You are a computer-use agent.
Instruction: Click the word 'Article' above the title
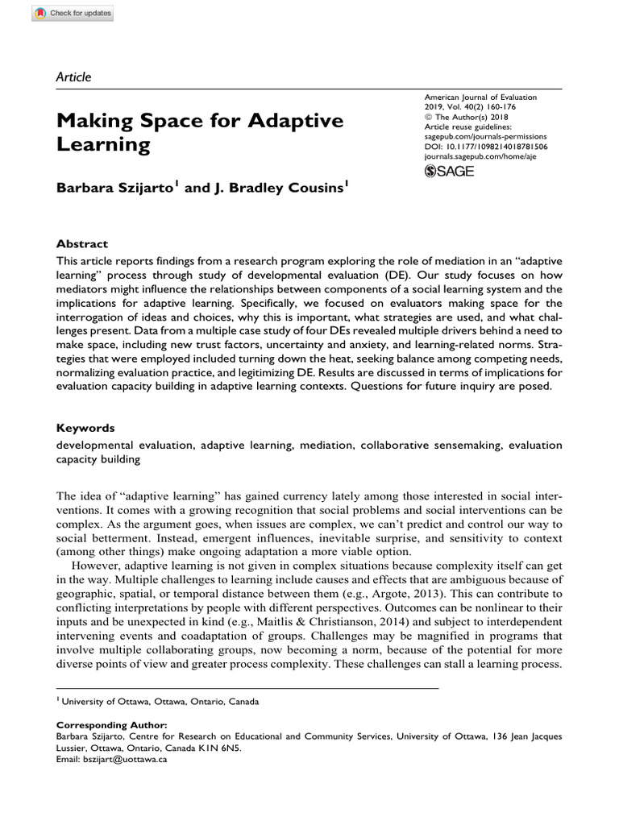tap(73, 77)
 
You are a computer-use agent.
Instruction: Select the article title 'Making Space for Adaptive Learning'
tap(200, 133)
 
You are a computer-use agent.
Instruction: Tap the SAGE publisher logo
tap(449, 171)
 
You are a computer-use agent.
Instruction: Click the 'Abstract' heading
tap(81, 243)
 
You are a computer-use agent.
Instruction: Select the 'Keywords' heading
tap(85, 428)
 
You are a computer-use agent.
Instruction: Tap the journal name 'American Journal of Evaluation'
tap(480, 97)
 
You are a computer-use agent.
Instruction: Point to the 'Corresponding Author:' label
tap(112, 725)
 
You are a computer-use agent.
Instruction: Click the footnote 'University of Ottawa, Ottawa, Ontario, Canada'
tap(161, 702)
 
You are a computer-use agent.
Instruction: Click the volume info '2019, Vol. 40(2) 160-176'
tap(469, 107)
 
